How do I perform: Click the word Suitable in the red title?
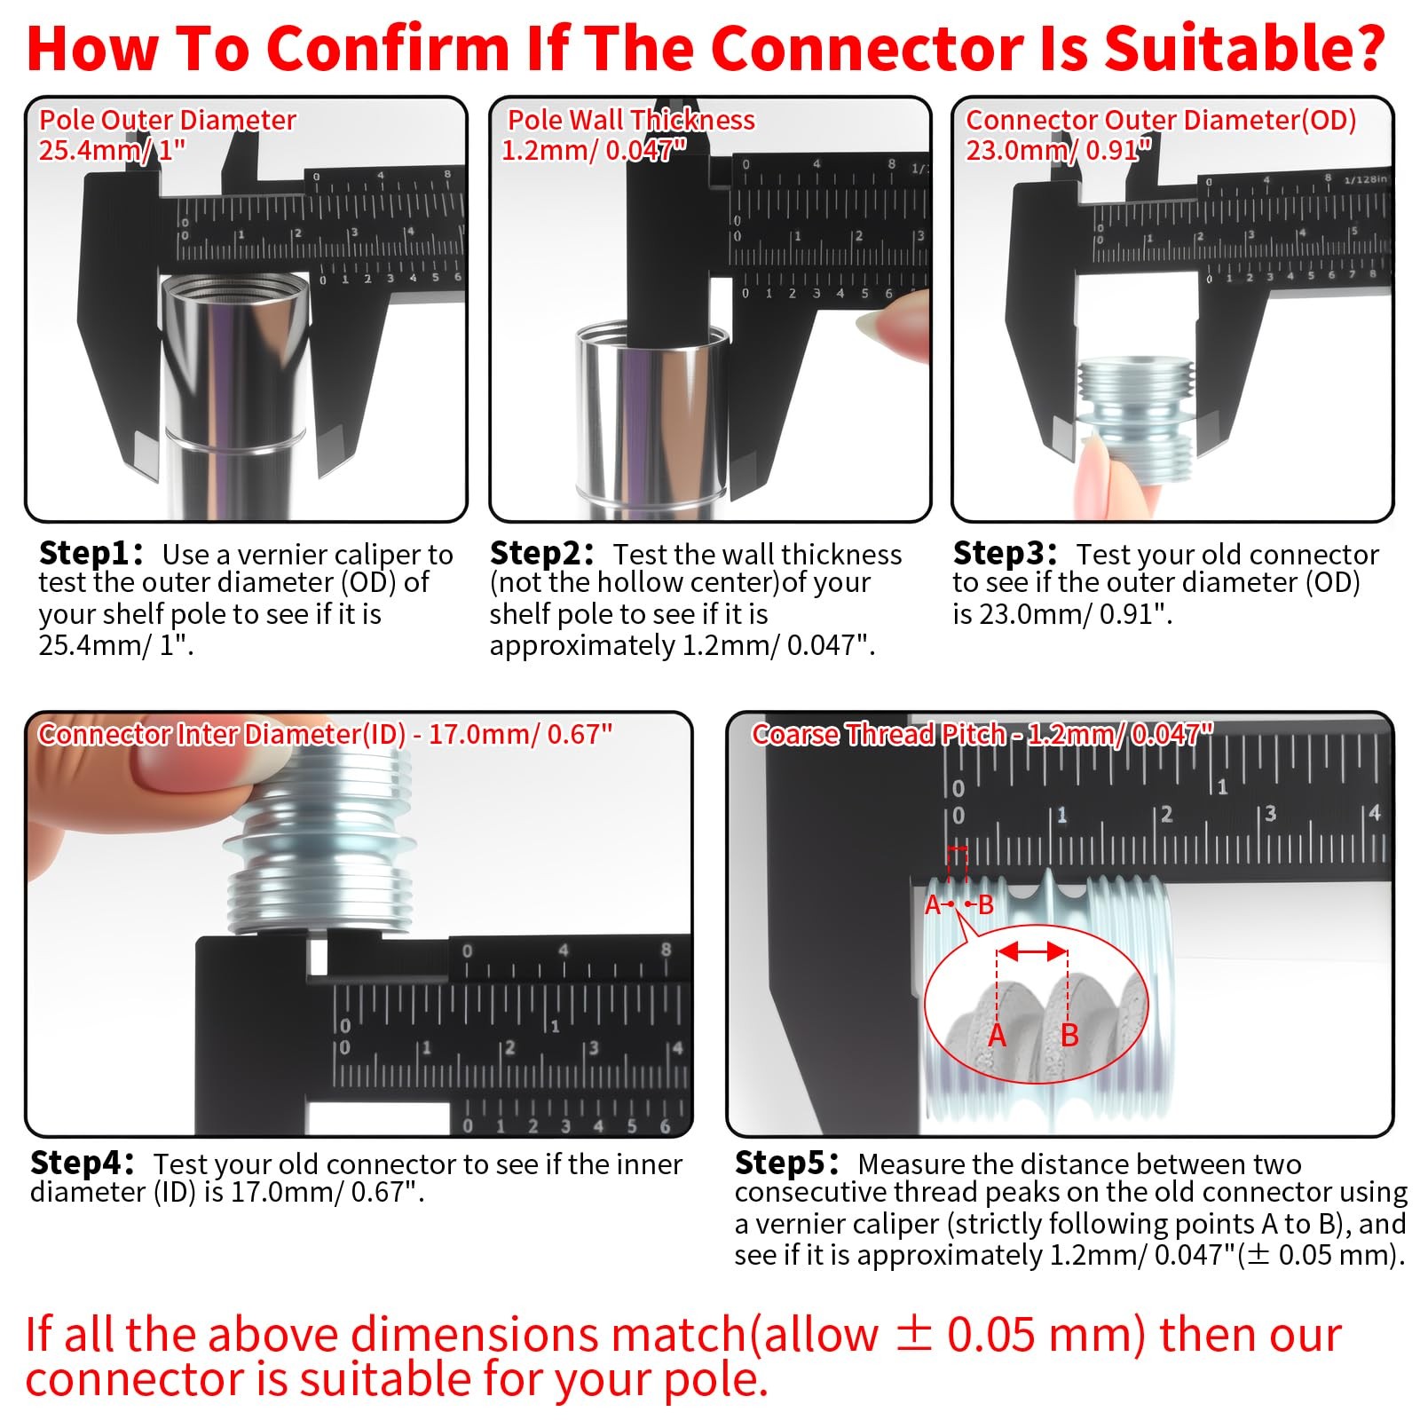1237,48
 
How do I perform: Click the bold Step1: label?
91,553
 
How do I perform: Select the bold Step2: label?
541,553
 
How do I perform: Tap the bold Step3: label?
1005,553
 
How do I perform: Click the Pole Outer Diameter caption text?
167,120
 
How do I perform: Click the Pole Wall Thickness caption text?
630,120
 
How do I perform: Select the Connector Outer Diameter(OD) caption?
1160,120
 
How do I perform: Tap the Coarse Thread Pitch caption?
981,734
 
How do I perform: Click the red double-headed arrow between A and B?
1032,952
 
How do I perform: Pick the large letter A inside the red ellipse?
997,1035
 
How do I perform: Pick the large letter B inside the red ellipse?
1069,1035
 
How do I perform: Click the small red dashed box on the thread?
957,864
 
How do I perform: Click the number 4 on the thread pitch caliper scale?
1374,812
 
